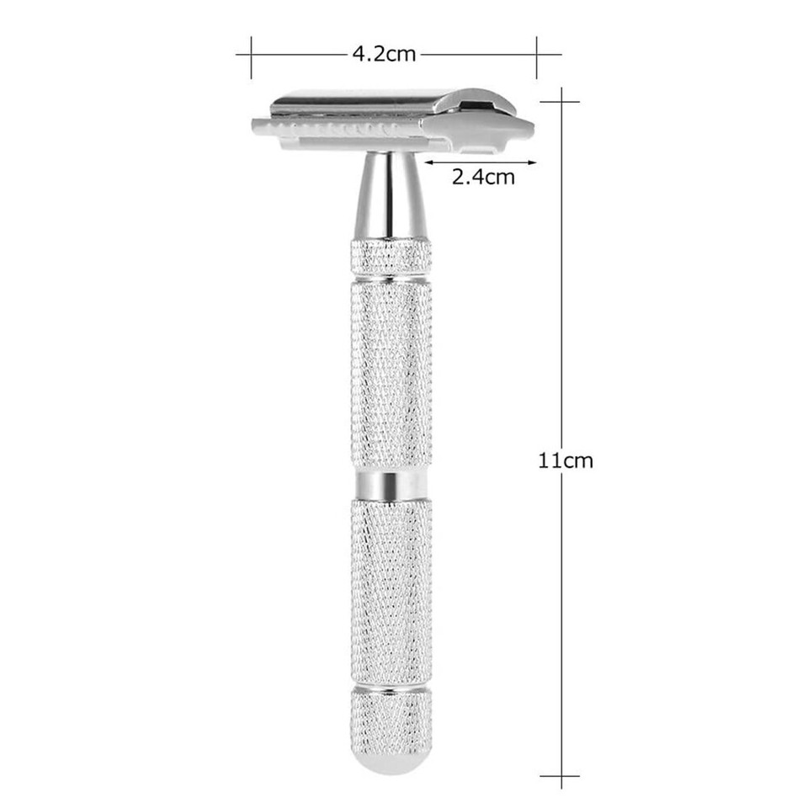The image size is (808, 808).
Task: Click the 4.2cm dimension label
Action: point(384,55)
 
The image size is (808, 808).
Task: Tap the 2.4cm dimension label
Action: point(482,178)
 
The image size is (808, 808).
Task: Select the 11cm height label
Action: point(566,460)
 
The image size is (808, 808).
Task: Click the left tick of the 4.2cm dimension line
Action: point(251,55)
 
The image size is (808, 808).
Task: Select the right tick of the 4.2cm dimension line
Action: point(537,55)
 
